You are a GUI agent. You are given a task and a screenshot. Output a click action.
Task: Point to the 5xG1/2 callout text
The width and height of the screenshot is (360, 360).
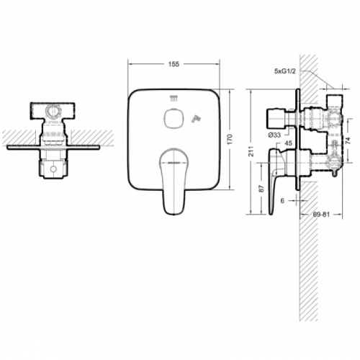287,72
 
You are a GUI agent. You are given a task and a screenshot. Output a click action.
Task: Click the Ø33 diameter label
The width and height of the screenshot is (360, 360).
274,135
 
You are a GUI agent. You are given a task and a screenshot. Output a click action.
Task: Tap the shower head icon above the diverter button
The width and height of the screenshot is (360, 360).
172,99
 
